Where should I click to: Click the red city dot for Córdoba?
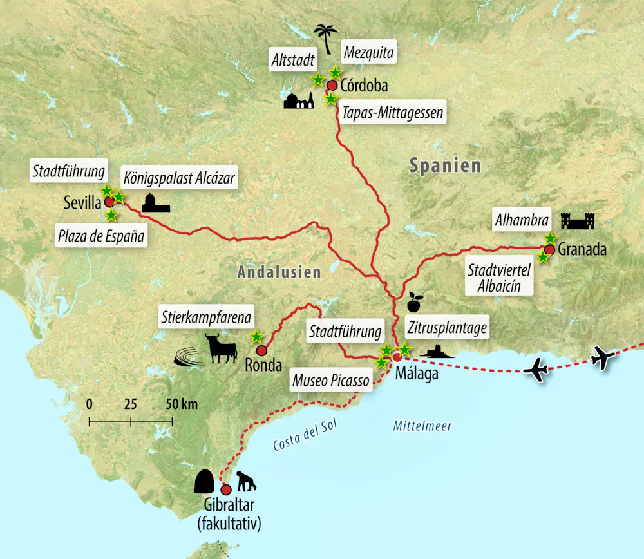point(332,85)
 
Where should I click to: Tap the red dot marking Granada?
point(549,249)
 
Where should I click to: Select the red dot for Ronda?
point(261,351)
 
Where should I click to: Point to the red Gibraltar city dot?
point(226,489)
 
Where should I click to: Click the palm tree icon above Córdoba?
point(325,37)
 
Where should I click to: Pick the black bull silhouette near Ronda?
point(221,348)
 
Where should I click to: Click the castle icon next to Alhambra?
point(578,221)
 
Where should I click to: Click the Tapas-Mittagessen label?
point(392,113)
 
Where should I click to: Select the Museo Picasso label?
point(332,381)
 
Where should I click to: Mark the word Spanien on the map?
point(445,166)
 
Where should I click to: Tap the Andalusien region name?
point(279,272)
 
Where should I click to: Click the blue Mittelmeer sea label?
point(422,426)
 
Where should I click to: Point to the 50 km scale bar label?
point(181,404)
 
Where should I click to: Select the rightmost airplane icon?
point(603,357)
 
